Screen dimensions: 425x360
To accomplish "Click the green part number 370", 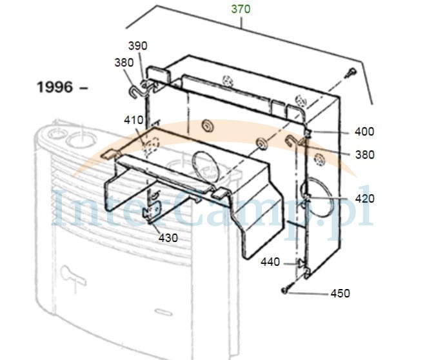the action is pos(241,9).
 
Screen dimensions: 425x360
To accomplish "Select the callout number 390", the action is pos(138,46).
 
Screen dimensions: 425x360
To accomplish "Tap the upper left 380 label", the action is pos(124,63).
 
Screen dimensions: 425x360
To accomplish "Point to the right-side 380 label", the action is pos(365,155).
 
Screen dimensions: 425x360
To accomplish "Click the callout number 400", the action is pos(364,132).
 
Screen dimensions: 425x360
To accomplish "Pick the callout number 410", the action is pos(133,120).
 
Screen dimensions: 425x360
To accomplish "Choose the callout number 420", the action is pos(365,199).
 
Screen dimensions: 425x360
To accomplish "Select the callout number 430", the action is pos(168,238).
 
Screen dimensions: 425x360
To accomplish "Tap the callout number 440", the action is pos(270,262).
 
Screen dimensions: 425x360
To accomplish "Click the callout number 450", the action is pos(340,294).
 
